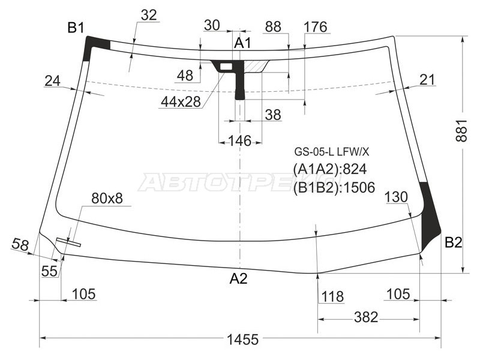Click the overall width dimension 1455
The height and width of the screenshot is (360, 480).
243,339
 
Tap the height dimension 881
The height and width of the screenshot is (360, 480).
461,130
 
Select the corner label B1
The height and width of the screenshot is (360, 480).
76,28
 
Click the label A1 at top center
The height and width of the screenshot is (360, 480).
242,43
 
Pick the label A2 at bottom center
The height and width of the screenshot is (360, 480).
238,278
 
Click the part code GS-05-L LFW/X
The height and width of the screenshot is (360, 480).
332,152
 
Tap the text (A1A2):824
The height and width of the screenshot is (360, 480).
329,169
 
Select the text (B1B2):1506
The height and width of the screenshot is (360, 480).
334,187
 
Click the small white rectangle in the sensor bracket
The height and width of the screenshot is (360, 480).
226,66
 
